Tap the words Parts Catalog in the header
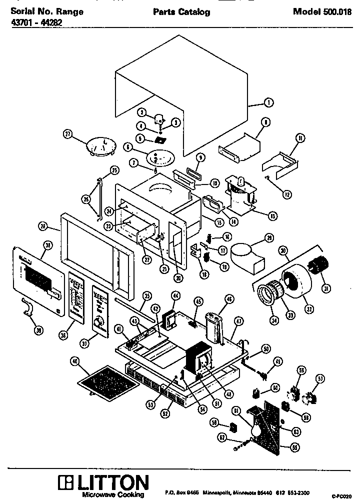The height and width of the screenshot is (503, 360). tap(181, 12)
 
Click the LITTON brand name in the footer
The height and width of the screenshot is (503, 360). tap(109, 483)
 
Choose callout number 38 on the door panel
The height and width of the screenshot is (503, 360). tap(48, 245)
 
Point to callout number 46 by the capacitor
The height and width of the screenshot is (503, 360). tap(229, 299)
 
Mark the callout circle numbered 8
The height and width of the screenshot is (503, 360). tap(265, 121)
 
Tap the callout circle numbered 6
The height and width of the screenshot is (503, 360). tap(127, 147)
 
